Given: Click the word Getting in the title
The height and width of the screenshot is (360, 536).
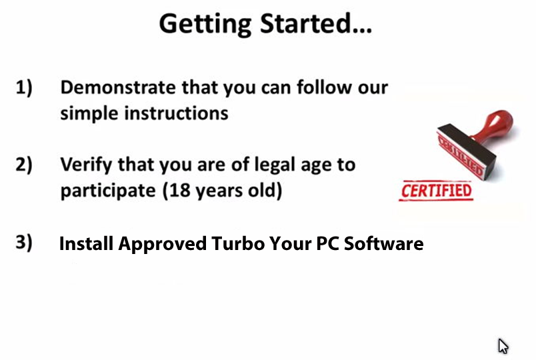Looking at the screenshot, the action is point(205,24).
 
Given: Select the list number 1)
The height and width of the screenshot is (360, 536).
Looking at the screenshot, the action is point(24,87).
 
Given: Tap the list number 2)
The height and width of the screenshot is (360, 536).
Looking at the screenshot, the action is point(24,165).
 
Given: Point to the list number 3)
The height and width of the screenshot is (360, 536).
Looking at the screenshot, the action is point(24,243).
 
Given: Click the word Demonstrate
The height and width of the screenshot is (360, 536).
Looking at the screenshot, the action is point(118,87).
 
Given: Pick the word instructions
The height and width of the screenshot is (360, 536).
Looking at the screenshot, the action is point(177,113).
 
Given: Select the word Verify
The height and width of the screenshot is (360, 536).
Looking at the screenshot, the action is point(87,165).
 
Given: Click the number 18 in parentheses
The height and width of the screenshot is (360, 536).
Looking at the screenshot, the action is point(179,190).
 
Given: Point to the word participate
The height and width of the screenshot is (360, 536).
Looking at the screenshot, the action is point(108,191).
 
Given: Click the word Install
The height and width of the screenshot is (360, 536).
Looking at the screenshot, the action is point(86,244).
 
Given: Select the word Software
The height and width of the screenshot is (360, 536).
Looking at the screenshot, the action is point(383,244).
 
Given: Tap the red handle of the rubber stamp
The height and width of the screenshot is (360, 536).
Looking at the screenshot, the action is point(495,125).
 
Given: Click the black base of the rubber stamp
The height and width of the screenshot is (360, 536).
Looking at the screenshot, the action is point(467,151).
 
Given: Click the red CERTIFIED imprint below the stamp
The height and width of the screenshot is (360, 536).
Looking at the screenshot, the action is point(436,191).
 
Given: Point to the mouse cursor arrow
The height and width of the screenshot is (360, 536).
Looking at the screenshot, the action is point(503,346).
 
